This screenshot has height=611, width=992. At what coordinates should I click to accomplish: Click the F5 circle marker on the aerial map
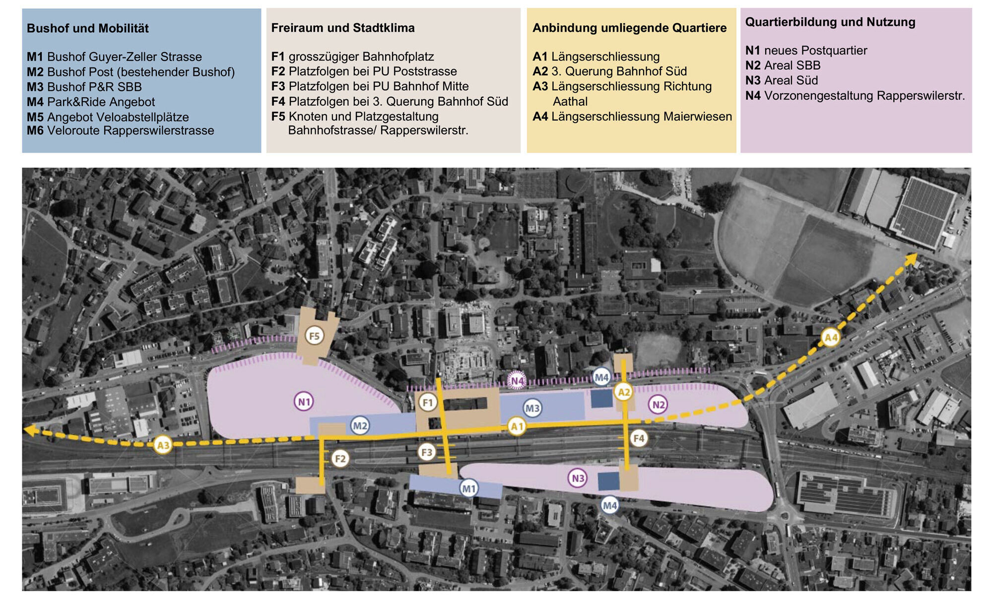pos(314,336)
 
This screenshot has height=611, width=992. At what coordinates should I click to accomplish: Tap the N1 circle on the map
pos(304,402)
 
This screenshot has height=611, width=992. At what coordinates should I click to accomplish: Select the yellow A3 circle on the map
pos(163,445)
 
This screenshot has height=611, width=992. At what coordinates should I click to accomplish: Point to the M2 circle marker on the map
pos(360,426)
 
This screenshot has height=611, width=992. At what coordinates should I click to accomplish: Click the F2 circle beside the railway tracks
pos(340,459)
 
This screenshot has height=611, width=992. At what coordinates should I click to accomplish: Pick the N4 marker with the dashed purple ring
pos(517,381)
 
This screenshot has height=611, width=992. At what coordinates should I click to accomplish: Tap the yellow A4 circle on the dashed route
pos(830,338)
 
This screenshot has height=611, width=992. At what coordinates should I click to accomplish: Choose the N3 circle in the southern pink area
pos(578,478)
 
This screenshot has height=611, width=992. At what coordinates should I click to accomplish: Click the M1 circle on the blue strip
pos(468,489)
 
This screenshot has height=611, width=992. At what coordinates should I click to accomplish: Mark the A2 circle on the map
pos(623,392)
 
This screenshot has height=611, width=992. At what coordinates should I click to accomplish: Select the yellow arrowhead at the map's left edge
pos(31,430)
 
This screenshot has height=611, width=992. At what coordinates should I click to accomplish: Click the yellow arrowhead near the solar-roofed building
pos(911,259)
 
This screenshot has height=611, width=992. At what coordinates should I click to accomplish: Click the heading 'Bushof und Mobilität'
pos(88,28)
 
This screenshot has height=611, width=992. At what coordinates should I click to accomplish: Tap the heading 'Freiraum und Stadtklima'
pos(343,28)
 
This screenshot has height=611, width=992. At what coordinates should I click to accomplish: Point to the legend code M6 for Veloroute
pos(35,130)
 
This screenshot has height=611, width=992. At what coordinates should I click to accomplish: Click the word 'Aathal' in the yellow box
pos(570,102)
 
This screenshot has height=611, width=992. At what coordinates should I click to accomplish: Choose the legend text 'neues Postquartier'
pos(815,51)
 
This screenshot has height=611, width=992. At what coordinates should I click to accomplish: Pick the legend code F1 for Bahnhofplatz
pos(278,57)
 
